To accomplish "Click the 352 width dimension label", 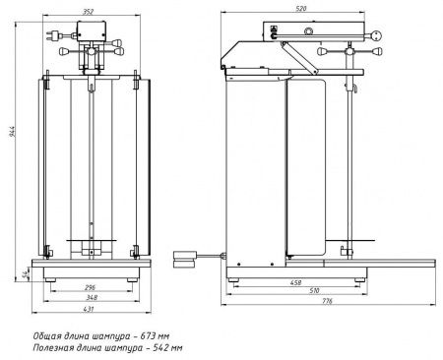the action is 88,12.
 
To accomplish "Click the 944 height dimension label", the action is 12,131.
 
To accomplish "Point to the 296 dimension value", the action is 90,287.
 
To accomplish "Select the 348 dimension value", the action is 92,297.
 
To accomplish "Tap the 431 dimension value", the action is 89,309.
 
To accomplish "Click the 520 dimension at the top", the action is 301,9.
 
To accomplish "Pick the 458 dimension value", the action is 295,282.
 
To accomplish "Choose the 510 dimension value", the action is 314,290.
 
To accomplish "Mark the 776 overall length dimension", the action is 327,301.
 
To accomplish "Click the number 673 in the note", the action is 148,336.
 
